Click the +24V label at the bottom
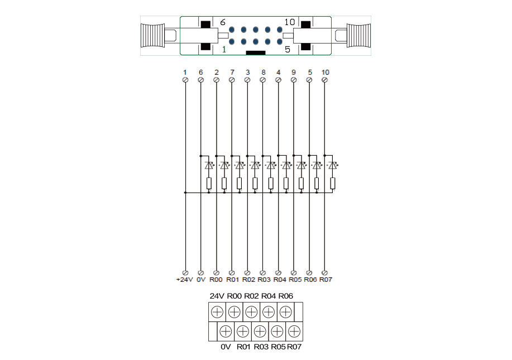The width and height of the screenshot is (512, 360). coord(184,279)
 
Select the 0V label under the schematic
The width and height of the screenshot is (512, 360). coord(200,279)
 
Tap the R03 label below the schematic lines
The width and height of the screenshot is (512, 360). coord(264,279)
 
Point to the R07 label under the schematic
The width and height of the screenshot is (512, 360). coord(326,279)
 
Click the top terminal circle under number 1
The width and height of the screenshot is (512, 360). coord(185,80)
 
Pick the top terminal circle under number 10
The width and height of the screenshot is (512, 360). coord(326,80)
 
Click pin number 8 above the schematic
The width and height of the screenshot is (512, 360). coord(263,73)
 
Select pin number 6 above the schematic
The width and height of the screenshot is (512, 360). coord(200,73)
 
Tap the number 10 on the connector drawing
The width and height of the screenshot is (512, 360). coord(289,22)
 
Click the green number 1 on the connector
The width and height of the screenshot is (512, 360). coord(224,49)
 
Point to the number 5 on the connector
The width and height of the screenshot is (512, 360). coord(288,49)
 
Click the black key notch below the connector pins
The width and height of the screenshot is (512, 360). coord(256,52)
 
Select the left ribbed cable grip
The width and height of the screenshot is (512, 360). coord(154,36)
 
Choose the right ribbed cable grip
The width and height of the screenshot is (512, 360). coord(357,36)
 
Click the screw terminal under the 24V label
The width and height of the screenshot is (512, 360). coord(217,311)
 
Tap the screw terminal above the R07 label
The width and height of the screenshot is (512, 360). coord(294,332)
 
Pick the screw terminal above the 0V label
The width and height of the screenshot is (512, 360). coord(226,332)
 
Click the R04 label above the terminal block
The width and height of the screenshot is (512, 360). coord(269,296)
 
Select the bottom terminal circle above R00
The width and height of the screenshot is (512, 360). coord(216,272)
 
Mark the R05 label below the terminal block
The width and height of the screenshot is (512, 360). coord(277,347)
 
